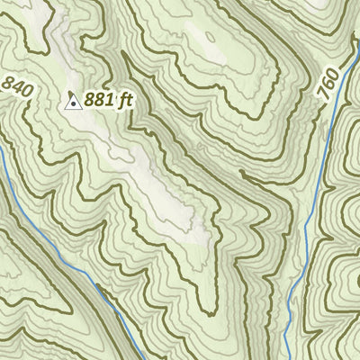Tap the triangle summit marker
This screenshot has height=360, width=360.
click(x=73, y=102)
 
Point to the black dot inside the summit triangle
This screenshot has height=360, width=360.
click(x=73, y=103)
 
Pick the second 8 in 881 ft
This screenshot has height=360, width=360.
click(x=102, y=101)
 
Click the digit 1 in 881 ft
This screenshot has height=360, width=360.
click(x=110, y=101)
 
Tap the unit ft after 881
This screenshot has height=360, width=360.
click(x=125, y=101)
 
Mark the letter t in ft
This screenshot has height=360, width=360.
click(x=129, y=101)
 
